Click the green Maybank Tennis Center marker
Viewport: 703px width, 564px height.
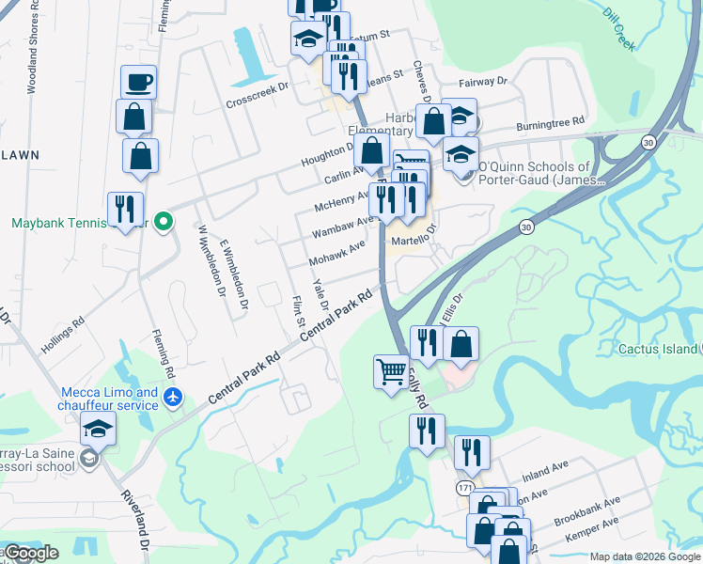click(164, 223)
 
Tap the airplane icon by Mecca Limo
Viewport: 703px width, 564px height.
click(171, 398)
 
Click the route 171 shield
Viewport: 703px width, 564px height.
click(465, 488)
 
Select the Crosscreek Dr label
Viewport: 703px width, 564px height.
click(256, 95)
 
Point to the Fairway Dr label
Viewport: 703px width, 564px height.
click(482, 83)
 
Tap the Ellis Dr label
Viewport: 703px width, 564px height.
click(454, 307)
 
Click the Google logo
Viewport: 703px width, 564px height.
click(31, 553)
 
